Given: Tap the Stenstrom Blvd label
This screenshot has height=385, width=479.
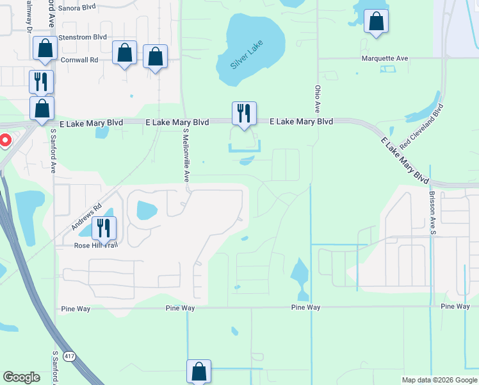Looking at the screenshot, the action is pyautogui.click(x=82, y=37).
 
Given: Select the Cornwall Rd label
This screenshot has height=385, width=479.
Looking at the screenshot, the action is pyautogui.click(x=80, y=60).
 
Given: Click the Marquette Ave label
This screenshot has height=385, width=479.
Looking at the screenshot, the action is pyautogui.click(x=384, y=58).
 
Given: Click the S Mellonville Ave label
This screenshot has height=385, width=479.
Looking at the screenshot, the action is pyautogui.click(x=186, y=154).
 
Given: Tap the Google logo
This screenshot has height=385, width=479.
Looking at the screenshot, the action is pyautogui.click(x=22, y=378).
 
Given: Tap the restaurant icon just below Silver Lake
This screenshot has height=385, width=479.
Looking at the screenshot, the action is pyautogui.click(x=244, y=114).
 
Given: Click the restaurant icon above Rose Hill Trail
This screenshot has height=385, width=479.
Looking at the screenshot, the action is pyautogui.click(x=102, y=228).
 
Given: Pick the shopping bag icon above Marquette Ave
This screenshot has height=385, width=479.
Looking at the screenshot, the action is pyautogui.click(x=376, y=21).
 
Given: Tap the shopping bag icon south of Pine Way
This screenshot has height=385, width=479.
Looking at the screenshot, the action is pyautogui.click(x=199, y=371).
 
